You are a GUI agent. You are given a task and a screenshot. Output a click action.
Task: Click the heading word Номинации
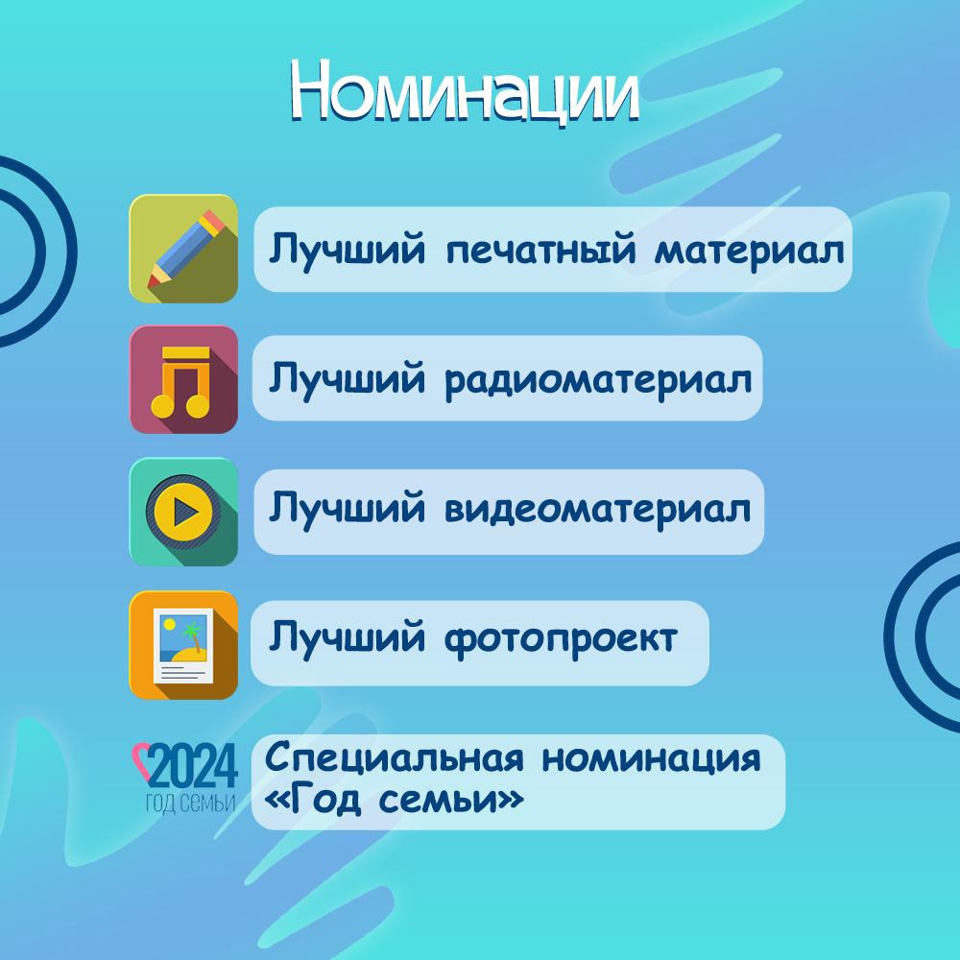pyautogui.click(x=465, y=92)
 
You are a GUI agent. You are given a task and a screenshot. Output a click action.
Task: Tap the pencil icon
pyautogui.click(x=183, y=249)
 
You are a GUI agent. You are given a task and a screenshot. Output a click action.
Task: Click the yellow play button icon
pyautogui.click(x=183, y=512)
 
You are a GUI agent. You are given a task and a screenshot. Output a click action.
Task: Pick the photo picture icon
pyautogui.click(x=183, y=645)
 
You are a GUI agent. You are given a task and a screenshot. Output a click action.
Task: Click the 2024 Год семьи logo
pyautogui.click(x=185, y=778)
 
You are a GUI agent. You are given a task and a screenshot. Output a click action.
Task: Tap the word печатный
pyautogui.click(x=540, y=251)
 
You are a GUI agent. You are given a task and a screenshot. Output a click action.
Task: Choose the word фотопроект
pyautogui.click(x=561, y=639)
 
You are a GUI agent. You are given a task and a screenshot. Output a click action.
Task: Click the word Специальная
pyautogui.click(x=395, y=758)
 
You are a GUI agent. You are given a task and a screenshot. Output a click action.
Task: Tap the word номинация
pyautogui.click(x=652, y=759)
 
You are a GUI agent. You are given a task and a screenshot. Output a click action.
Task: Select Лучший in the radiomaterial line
pyautogui.click(x=348, y=378)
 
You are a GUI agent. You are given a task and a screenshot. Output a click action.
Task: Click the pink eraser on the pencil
pyautogui.click(x=214, y=223)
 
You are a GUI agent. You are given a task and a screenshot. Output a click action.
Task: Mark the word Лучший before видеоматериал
pyautogui.click(x=348, y=507)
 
